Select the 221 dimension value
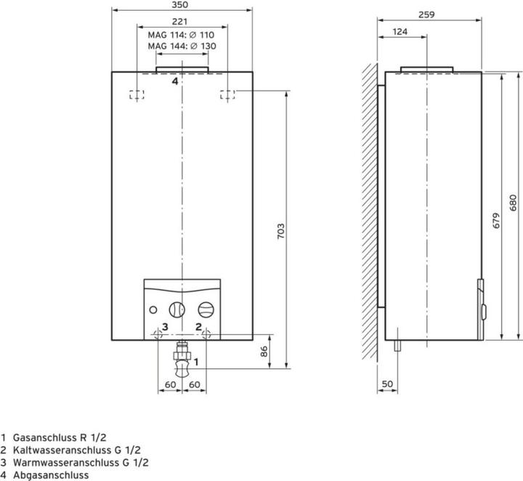(182, 21)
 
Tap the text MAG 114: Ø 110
(182, 34)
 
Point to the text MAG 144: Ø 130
(182, 46)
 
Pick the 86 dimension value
(265, 351)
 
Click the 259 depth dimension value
(428, 14)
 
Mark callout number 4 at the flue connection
(174, 81)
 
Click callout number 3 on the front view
(165, 327)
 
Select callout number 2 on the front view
(198, 327)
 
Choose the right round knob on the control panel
(207, 309)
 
